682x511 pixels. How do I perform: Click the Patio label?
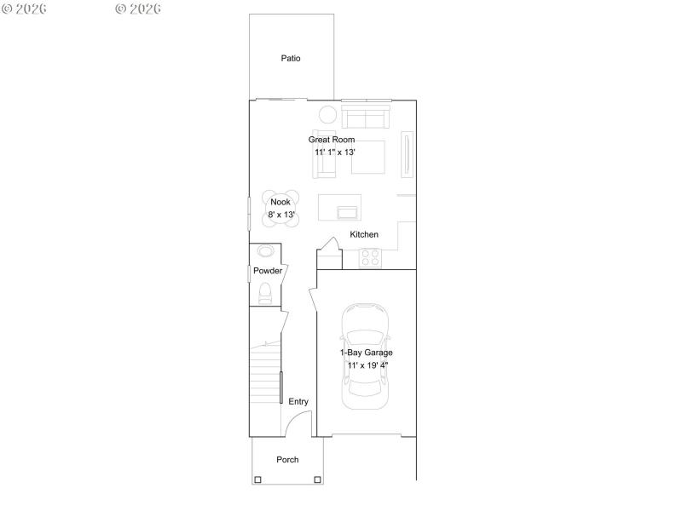click(291, 59)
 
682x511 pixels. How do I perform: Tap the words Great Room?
click(332, 140)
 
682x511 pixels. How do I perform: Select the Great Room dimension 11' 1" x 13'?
click(334, 152)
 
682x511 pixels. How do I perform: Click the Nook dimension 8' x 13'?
click(281, 215)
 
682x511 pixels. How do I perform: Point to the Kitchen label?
click(364, 234)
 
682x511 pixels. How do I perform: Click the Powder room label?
click(268, 271)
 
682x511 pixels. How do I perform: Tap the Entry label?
click(298, 402)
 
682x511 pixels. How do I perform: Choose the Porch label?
click(287, 460)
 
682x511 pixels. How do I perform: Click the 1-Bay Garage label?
click(367, 352)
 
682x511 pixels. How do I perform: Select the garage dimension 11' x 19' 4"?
click(368, 365)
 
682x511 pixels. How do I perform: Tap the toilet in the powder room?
click(264, 295)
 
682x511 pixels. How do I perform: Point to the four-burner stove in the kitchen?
click(370, 257)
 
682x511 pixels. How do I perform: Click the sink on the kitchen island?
click(348, 211)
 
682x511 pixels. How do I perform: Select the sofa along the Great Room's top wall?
click(365, 115)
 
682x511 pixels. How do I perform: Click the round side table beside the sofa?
click(327, 115)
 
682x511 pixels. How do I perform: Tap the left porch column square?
click(257, 479)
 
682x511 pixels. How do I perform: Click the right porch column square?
click(318, 479)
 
